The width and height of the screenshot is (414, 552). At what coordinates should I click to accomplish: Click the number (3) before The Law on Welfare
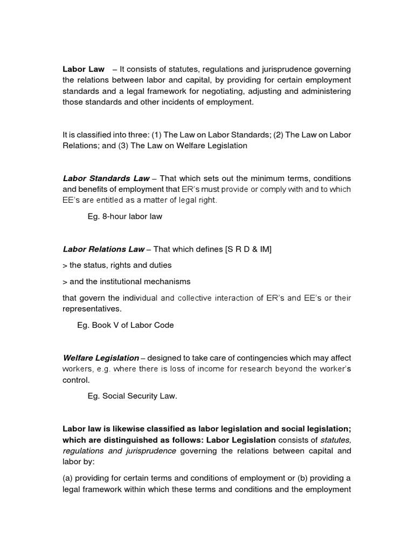(x=124, y=146)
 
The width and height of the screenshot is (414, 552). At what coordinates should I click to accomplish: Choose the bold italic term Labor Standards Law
(x=106, y=178)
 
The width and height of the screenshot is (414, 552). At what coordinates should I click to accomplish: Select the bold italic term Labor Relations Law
(x=103, y=249)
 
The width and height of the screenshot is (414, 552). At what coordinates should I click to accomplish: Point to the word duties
(x=159, y=265)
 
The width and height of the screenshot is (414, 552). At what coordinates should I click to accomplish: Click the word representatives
(x=91, y=309)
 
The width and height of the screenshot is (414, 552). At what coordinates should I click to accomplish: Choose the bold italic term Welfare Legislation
(x=101, y=358)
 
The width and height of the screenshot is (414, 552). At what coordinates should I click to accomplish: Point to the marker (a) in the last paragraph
(x=68, y=478)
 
